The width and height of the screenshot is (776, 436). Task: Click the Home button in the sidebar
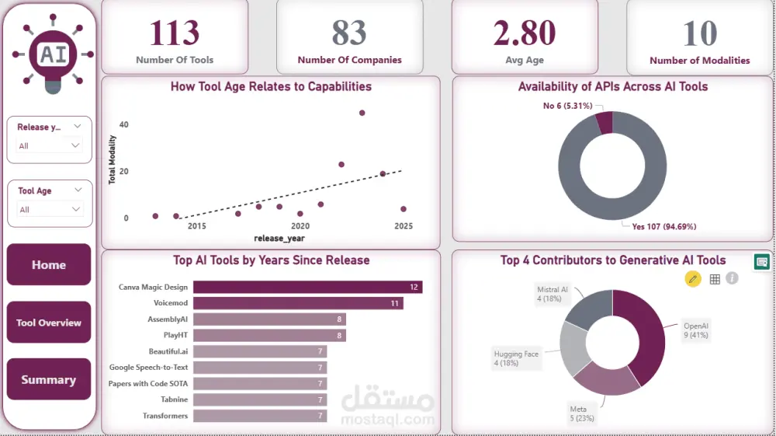point(49,265)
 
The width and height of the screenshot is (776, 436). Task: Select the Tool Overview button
point(49,323)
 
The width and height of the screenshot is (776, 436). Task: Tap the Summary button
point(49,380)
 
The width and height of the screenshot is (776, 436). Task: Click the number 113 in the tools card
point(175,33)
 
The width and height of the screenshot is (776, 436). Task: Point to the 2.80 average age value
point(525,33)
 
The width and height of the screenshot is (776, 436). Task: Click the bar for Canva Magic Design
point(307,287)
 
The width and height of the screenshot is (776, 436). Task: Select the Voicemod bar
point(298,303)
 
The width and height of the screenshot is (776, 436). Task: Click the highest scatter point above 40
point(362,113)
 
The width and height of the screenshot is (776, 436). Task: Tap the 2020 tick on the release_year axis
point(300,226)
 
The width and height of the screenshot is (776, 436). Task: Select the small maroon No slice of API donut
point(604,123)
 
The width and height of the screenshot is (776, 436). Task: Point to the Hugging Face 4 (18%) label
point(516,358)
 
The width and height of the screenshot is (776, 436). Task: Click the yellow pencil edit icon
point(693,278)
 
